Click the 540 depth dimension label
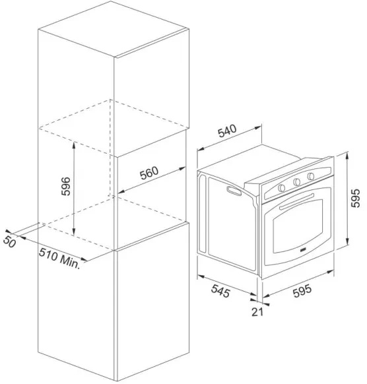click(x=227, y=131)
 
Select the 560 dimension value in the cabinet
click(x=149, y=173)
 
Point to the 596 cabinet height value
click(x=65, y=186)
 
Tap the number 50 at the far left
click(x=9, y=242)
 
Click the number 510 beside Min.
click(x=48, y=254)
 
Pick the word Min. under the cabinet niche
click(x=70, y=263)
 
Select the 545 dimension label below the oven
click(x=220, y=291)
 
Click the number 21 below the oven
click(x=257, y=312)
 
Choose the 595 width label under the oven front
click(x=302, y=291)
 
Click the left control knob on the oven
click(x=281, y=187)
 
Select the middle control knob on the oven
click(x=296, y=181)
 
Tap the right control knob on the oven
click(x=311, y=176)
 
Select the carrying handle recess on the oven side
click(x=234, y=191)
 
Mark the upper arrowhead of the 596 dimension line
click(x=74, y=144)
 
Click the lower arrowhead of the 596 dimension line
click(x=74, y=232)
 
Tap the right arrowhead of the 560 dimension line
click(x=182, y=168)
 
